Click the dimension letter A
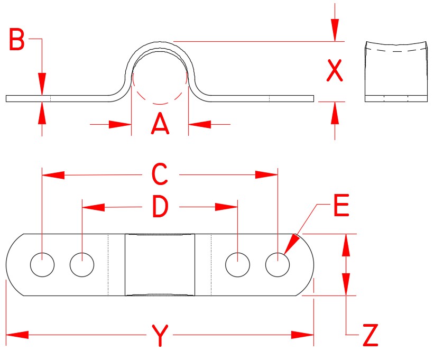click(160, 125)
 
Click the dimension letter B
click(17, 40)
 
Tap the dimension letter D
click(160, 208)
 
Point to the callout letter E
click(341, 207)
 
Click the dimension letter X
click(334, 71)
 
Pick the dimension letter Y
click(160, 335)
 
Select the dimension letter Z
click(371, 335)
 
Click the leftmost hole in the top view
click(42, 265)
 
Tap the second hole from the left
click(82, 265)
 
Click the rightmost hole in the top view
click(278, 265)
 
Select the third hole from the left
click(238, 265)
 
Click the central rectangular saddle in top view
click(160, 264)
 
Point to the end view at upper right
click(396, 71)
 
